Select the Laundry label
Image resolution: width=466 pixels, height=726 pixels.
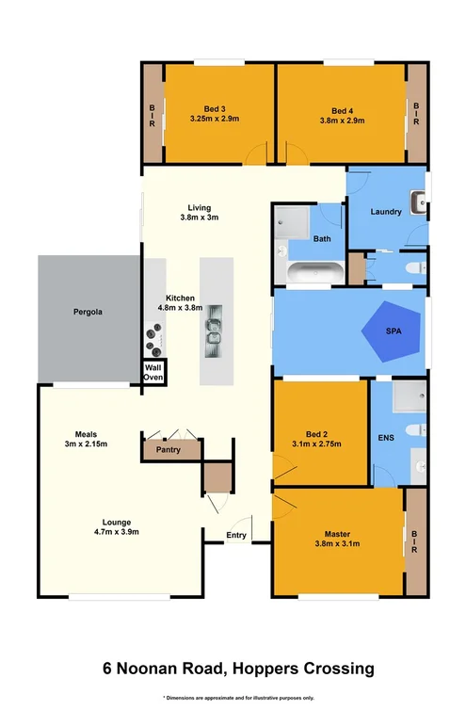pyautogui.click(x=386, y=212)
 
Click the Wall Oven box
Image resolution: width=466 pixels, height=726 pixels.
pyautogui.click(x=153, y=371)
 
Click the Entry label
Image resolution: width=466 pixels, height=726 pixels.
pyautogui.click(x=237, y=537)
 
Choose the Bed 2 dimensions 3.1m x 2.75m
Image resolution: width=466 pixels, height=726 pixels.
pyautogui.click(x=318, y=443)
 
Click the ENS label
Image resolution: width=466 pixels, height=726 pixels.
pyautogui.click(x=385, y=438)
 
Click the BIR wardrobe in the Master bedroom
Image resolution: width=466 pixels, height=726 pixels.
pyautogui.click(x=415, y=541)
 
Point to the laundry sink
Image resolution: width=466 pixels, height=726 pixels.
pyautogui.click(x=421, y=200)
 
